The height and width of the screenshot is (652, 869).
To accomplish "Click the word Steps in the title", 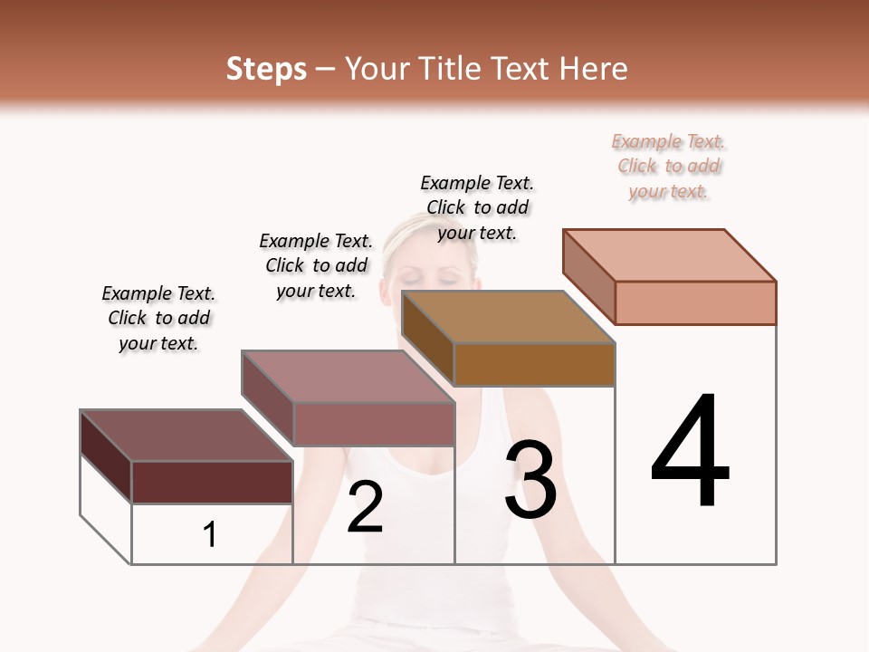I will [266, 69].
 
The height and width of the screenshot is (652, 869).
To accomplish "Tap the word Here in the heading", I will [594, 69].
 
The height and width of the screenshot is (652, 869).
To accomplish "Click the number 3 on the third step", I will [530, 479].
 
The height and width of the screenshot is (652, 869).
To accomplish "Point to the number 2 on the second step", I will [365, 506].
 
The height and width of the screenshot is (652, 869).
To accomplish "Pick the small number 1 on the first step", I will [210, 534].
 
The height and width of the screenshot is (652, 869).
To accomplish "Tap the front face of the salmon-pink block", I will [695, 302].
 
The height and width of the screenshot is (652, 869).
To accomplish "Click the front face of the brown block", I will [534, 364].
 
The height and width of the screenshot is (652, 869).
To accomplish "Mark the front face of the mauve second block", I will [373, 424].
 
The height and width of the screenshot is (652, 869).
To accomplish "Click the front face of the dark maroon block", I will [212, 482].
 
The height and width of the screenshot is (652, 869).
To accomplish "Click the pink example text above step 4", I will [668, 167].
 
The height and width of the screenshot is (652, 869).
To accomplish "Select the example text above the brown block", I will [477, 207].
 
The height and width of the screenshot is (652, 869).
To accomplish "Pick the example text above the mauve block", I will [316, 265].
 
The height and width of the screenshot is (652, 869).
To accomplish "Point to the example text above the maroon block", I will [158, 318].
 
